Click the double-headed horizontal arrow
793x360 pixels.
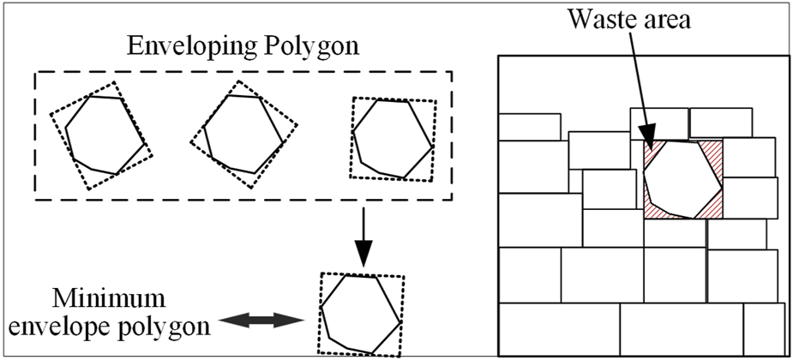click(x=262, y=320)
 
